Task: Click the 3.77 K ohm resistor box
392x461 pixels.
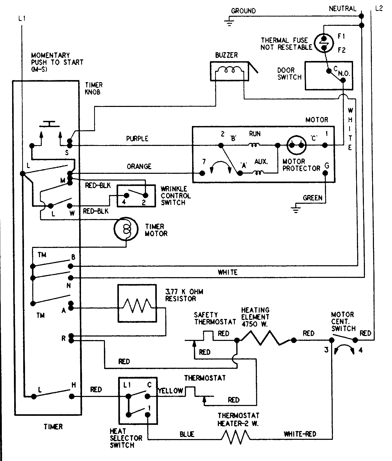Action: (x=137, y=303)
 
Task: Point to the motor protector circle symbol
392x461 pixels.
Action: (x=296, y=145)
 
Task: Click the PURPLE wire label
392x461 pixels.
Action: (x=137, y=139)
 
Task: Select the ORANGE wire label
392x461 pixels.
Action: (x=139, y=166)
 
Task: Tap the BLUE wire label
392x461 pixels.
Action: (x=187, y=434)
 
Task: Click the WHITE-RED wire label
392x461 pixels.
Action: (x=300, y=434)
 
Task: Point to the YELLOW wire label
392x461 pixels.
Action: (x=170, y=391)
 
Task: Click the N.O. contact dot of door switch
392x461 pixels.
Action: (x=343, y=80)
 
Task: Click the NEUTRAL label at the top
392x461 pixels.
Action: (x=342, y=9)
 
